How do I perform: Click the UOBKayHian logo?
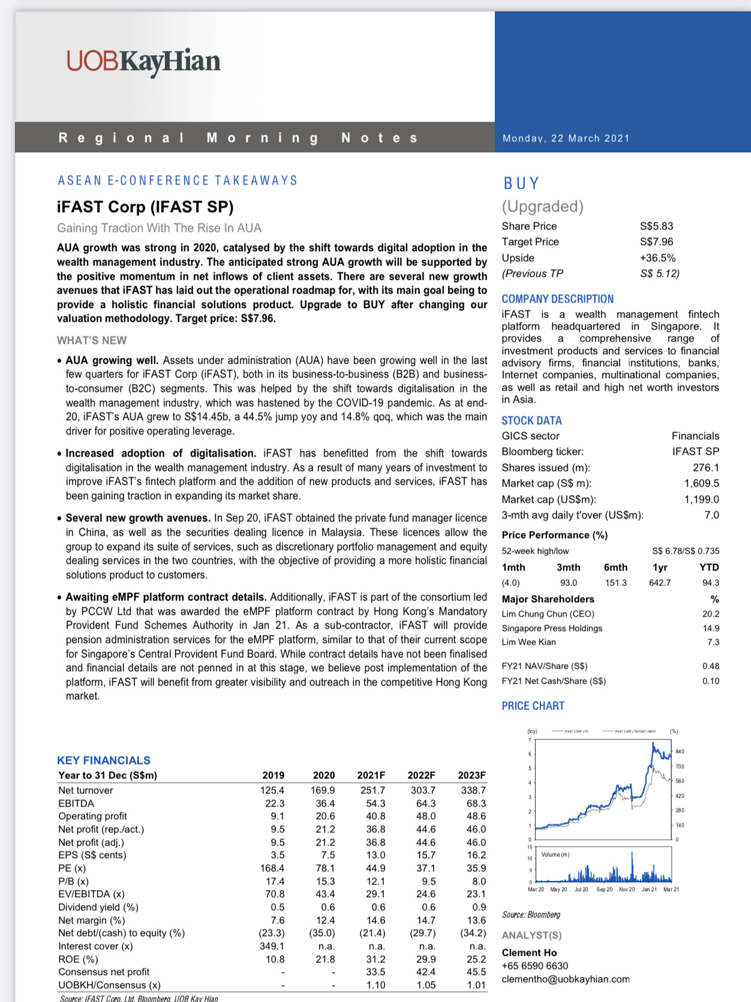click(x=143, y=62)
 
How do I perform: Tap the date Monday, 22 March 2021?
click(x=566, y=138)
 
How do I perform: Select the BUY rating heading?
click(x=521, y=183)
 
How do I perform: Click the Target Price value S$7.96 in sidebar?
click(x=656, y=242)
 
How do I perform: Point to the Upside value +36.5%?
click(x=657, y=258)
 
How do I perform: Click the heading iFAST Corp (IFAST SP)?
click(x=145, y=207)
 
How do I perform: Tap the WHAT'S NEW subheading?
click(x=92, y=340)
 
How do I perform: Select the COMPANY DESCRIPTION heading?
click(x=557, y=299)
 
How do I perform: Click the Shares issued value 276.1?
click(x=705, y=468)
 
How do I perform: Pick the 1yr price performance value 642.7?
click(x=660, y=583)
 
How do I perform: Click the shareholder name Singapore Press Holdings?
click(x=552, y=629)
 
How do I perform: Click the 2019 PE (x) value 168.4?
click(x=272, y=868)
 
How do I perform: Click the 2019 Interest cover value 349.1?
click(x=272, y=946)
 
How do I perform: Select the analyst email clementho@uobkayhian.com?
click(x=566, y=979)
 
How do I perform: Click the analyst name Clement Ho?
click(x=529, y=953)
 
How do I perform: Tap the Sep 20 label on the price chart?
click(x=604, y=890)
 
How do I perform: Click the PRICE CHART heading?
click(x=533, y=706)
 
